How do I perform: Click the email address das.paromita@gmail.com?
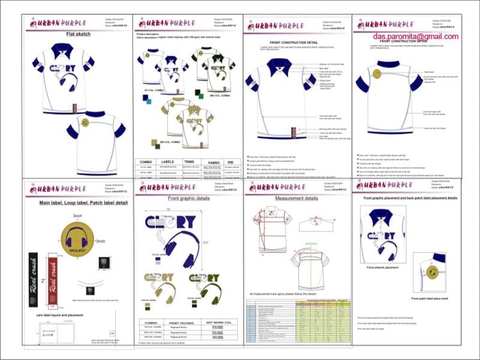(x=414, y=37)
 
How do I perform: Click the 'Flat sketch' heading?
(x=78, y=34)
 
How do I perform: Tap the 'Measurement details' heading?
(x=296, y=198)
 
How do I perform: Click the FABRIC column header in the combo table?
(x=214, y=162)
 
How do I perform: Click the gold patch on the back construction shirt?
(x=376, y=74)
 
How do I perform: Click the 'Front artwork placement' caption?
(x=382, y=268)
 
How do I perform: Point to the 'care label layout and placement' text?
(x=52, y=314)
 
